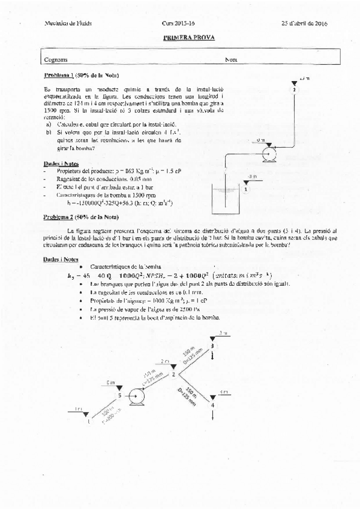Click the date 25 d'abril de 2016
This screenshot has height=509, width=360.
(308, 23)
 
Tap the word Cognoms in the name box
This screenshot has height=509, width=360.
(56, 59)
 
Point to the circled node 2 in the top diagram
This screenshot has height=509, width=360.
(295, 89)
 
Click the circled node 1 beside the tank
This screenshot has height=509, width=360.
(245, 188)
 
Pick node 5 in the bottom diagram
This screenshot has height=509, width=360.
(119, 396)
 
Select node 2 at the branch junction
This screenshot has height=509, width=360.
(173, 375)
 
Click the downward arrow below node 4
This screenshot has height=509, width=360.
(212, 417)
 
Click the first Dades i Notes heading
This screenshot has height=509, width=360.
(61, 163)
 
